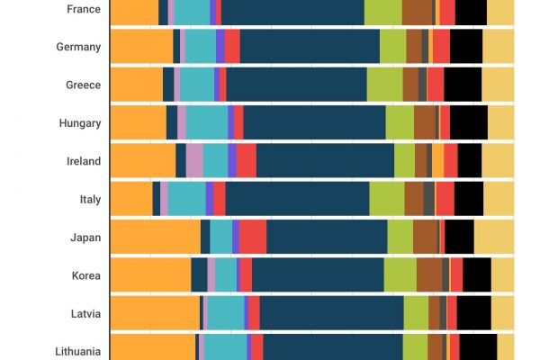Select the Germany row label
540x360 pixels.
coord(78,47)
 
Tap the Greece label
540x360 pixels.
coord(83,85)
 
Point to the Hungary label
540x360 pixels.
coord(79,123)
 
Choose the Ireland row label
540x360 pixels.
coord(83,161)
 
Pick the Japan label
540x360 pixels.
coord(85,238)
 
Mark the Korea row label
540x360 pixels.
coord(85,275)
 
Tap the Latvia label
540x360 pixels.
coord(85,313)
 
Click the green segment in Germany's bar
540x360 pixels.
coord(392,47)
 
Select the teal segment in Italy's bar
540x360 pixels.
coord(186,199)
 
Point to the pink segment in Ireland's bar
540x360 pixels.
coord(194,161)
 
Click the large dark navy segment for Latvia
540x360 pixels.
coord(331,313)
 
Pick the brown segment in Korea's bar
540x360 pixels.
coord(429,275)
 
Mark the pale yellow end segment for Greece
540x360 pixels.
coord(499,85)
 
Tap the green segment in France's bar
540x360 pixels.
coord(382,11)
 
